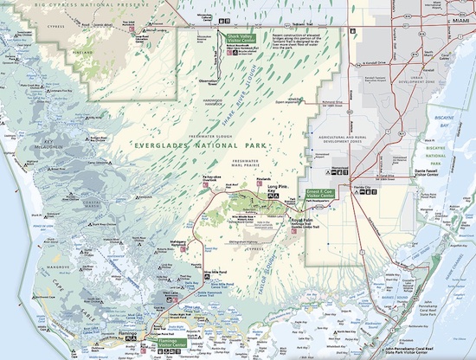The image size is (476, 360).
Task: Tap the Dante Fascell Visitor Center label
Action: click(x=430, y=174)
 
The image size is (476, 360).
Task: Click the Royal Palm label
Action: click(x=301, y=221)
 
